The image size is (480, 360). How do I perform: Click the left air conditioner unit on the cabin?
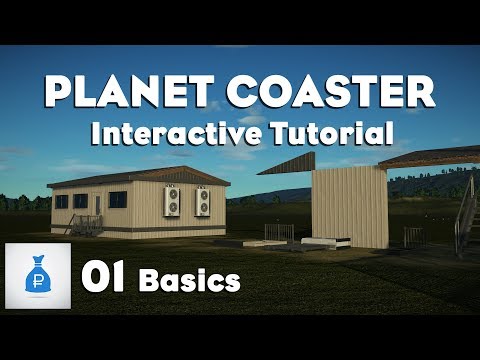172,203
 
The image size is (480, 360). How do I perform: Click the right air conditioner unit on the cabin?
203,203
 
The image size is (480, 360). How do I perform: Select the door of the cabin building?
96,208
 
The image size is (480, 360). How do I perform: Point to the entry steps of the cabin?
88,225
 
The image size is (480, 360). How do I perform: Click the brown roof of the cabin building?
140,178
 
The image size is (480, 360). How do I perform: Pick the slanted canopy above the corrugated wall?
300,163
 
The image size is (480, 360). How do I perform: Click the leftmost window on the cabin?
61,201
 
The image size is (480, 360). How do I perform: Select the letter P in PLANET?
60,94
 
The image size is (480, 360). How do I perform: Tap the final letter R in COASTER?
420,94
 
